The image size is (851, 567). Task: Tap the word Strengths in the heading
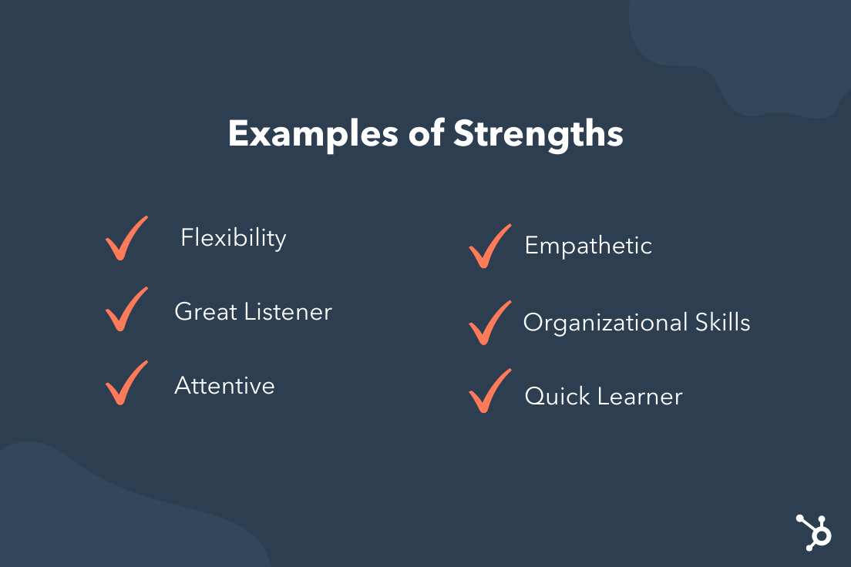pyautogui.click(x=538, y=134)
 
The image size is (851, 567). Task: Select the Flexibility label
pyautogui.click(x=234, y=238)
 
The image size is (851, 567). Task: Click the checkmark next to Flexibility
pyautogui.click(x=126, y=239)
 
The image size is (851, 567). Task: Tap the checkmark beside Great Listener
pyautogui.click(x=126, y=310)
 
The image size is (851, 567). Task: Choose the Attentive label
pyautogui.click(x=224, y=385)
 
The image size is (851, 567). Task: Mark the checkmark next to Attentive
pyautogui.click(x=126, y=383)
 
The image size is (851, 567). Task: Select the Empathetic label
pyautogui.click(x=588, y=246)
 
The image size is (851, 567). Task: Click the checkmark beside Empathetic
pyautogui.click(x=489, y=247)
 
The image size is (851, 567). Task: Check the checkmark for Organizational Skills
pyautogui.click(x=489, y=323)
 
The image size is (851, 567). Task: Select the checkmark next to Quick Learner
pyautogui.click(x=489, y=391)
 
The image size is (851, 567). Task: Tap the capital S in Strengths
pyautogui.click(x=464, y=134)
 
